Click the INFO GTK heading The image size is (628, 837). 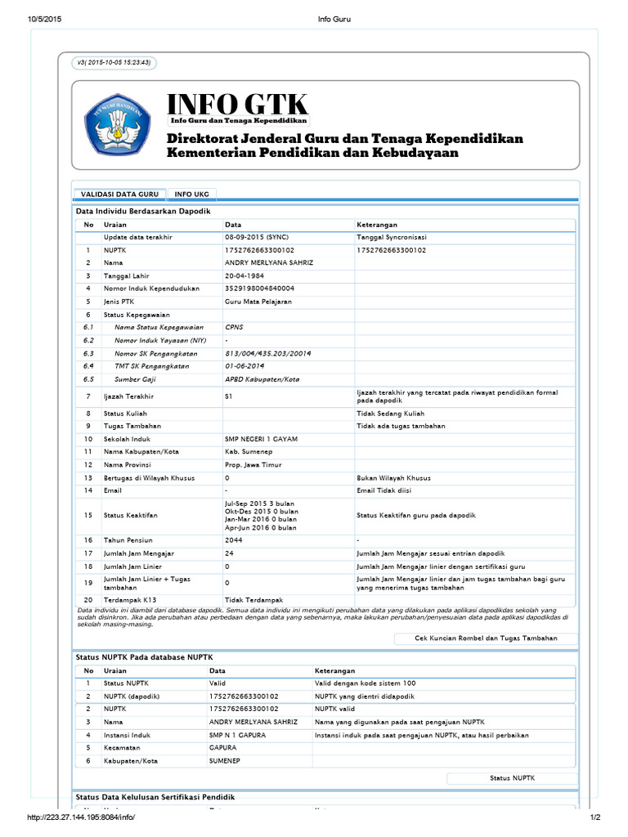tap(237, 105)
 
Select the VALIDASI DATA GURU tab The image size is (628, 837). tap(119, 195)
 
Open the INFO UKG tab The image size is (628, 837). tap(192, 195)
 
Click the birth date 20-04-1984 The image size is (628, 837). tap(245, 275)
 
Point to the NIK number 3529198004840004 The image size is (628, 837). tap(259, 289)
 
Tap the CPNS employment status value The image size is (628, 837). tap(235, 327)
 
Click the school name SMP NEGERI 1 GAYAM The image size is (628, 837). tap(261, 439)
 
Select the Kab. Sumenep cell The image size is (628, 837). tap(246, 452)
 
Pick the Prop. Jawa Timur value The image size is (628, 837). tap(253, 465)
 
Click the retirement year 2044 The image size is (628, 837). tap(233, 540)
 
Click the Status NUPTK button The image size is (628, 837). tap(512, 779)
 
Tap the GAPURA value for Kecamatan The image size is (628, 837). tap(223, 748)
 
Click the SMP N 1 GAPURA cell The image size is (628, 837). tap(237, 735)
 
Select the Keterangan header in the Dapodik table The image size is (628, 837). tap(377, 224)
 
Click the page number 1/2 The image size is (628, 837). tap(594, 818)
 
